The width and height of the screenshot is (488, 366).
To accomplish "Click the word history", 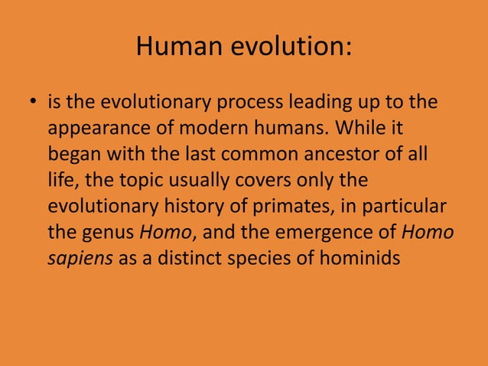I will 175,206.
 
